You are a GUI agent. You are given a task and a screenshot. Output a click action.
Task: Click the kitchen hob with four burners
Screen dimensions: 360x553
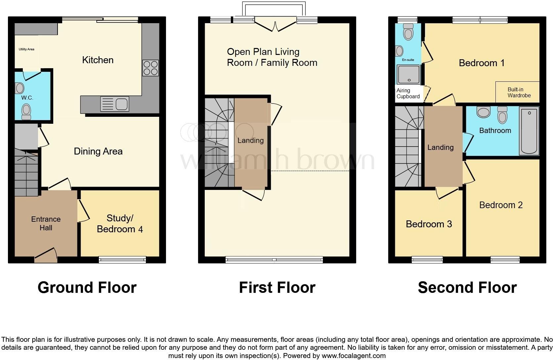point(150,68)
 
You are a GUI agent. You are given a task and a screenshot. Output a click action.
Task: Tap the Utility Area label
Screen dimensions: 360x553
point(26,49)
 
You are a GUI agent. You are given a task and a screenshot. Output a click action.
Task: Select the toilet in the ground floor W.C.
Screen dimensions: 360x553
point(26,112)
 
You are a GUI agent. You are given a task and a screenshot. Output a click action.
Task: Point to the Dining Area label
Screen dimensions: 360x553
point(98,152)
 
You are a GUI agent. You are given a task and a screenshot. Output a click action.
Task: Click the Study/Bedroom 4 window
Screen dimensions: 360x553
point(122,260)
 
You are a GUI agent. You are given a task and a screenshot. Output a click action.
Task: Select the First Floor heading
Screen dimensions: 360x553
point(277,288)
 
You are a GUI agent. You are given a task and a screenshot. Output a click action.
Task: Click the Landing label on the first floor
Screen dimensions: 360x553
point(250,140)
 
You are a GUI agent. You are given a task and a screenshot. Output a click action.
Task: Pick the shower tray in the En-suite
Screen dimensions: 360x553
point(408,74)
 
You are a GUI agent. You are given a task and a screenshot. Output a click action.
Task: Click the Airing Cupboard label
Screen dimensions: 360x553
point(408,93)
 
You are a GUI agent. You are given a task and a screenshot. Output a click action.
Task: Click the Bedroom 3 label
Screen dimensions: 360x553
point(429,224)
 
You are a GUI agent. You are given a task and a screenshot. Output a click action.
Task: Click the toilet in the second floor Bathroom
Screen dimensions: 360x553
point(502,114)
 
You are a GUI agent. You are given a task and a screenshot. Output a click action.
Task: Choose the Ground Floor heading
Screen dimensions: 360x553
point(87,288)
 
